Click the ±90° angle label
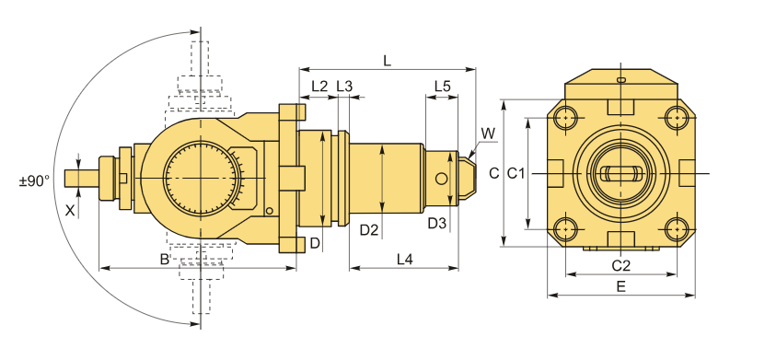34,181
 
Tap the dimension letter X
70,211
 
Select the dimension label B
165,259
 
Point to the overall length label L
388,61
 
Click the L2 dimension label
319,87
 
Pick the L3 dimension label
344,87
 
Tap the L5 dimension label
443,87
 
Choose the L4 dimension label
404,260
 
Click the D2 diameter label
369,230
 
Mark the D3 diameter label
436,224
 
